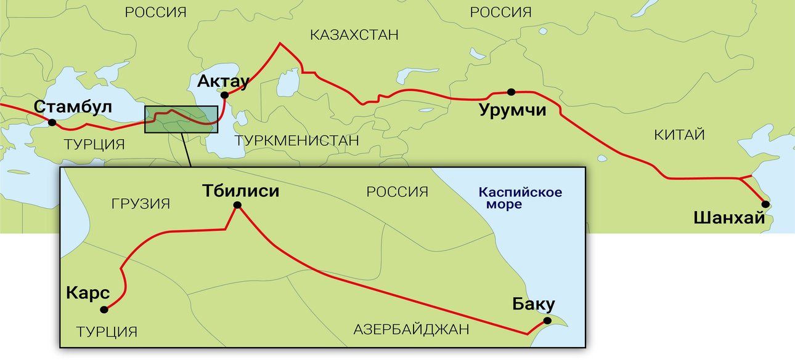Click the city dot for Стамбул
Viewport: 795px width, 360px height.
[52, 122]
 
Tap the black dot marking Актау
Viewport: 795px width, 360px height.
[225, 95]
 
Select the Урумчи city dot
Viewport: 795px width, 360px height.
[510, 92]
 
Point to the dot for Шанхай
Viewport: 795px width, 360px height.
[765, 204]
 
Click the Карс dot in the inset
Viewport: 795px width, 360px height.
[104, 309]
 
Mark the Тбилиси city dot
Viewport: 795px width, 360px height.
[237, 207]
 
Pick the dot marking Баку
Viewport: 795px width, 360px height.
[547, 321]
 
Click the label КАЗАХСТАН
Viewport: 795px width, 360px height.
[354, 34]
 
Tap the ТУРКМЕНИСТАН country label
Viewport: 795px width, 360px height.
[297, 140]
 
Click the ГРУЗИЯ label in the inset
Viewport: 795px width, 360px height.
[141, 203]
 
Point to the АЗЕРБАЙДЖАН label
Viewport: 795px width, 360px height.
[411, 329]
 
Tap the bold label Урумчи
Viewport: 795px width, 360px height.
[513, 111]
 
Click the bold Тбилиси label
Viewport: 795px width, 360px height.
[241, 191]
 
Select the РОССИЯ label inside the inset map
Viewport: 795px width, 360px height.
[397, 192]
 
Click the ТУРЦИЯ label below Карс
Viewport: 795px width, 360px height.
[107, 332]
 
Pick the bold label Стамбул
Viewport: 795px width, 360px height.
[73, 106]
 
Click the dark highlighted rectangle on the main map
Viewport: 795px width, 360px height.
[181, 119]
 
